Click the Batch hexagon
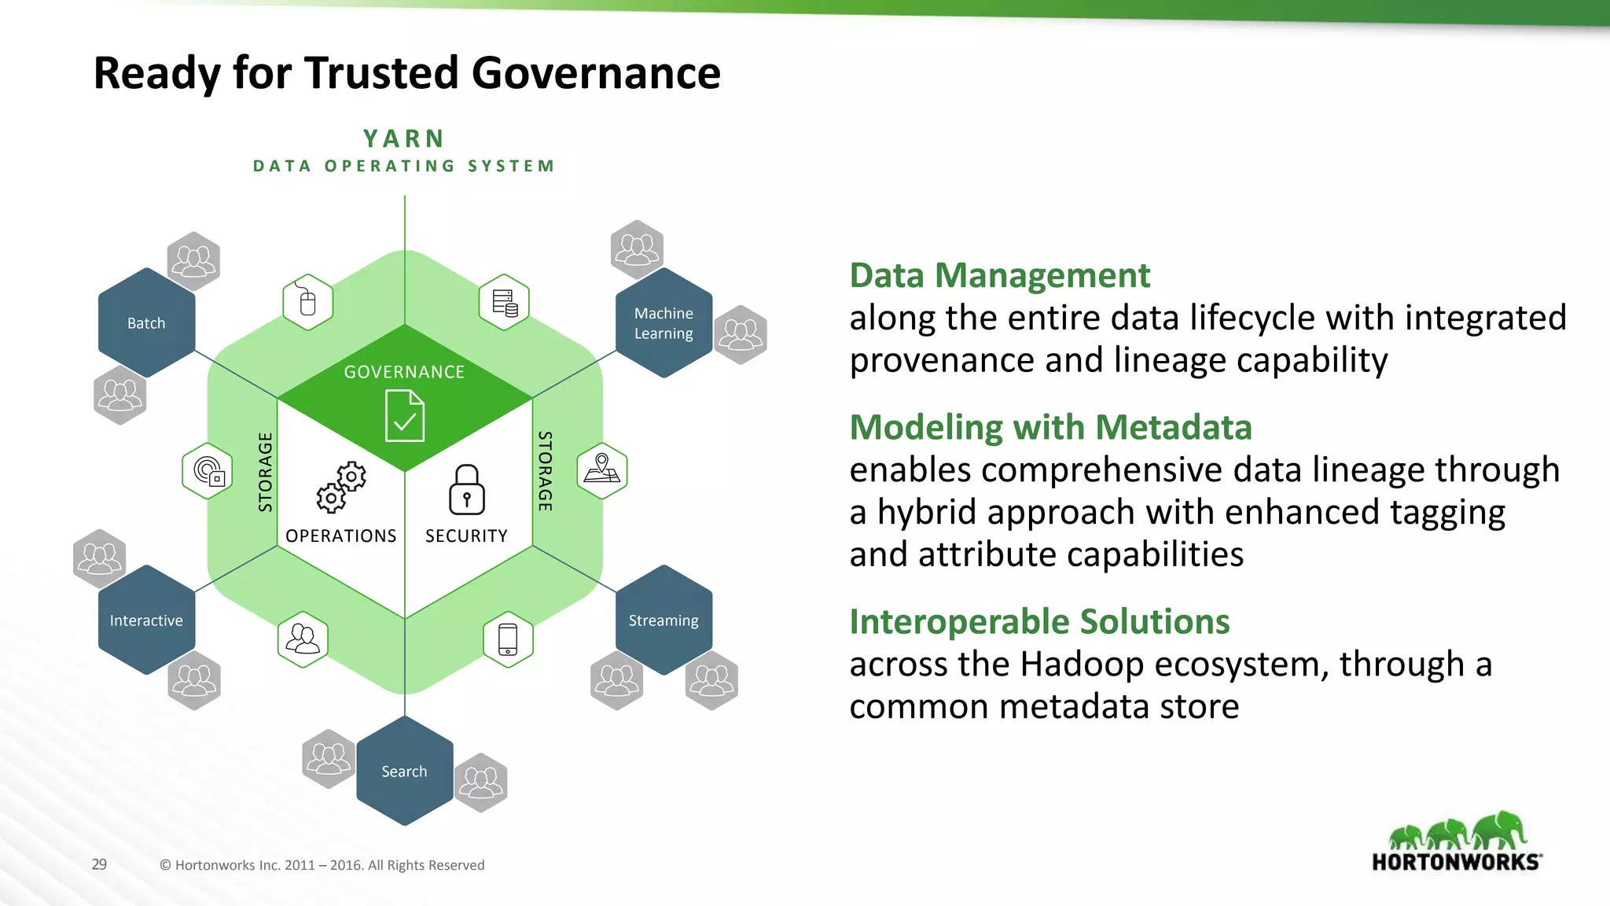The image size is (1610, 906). click(146, 322)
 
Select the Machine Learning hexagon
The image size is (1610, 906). click(663, 322)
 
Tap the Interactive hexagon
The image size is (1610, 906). click(146, 620)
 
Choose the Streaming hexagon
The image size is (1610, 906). click(663, 620)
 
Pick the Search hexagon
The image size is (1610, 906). click(404, 771)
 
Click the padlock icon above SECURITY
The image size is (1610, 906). click(466, 489)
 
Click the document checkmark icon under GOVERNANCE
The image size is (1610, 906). click(405, 417)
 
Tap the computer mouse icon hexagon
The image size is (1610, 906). click(307, 302)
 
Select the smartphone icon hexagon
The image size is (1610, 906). click(508, 639)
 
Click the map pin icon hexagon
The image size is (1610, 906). click(602, 470)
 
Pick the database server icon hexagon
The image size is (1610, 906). click(504, 302)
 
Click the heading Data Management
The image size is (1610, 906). click(999, 275)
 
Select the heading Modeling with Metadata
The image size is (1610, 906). click(1050, 427)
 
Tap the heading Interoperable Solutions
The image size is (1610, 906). click(1039, 621)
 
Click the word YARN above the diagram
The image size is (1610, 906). click(404, 138)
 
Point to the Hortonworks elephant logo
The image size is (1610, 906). click(1457, 842)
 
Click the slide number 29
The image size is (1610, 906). click(99, 864)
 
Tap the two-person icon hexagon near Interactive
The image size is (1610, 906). click(303, 639)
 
